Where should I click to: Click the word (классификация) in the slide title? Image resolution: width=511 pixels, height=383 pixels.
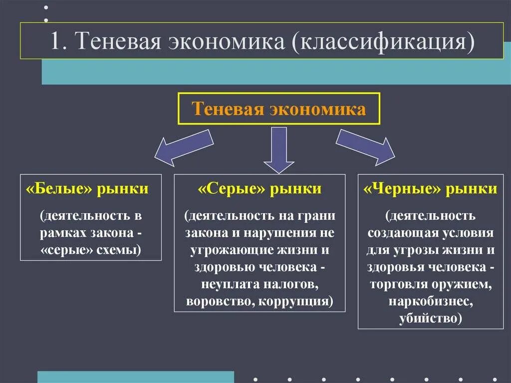[383, 41]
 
